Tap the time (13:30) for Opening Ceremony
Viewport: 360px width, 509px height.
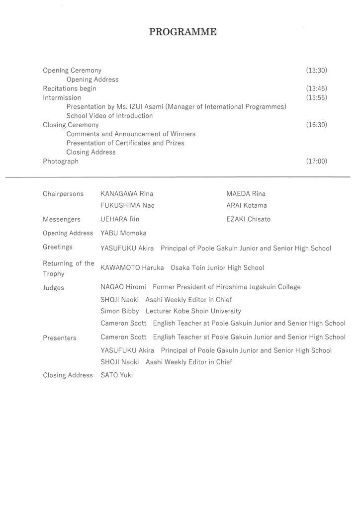(x=316, y=71)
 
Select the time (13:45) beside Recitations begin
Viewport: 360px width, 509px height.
(x=316, y=88)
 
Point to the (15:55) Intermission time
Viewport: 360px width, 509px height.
(x=316, y=97)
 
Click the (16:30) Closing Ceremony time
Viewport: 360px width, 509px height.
(x=316, y=125)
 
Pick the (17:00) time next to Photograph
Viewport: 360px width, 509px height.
(x=316, y=161)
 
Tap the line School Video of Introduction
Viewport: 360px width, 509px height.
(x=109, y=116)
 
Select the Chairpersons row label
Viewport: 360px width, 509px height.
(x=63, y=194)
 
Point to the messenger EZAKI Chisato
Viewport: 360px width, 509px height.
(x=249, y=219)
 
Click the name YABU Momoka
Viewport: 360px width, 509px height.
(x=123, y=233)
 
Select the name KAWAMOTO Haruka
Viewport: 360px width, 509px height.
(x=132, y=267)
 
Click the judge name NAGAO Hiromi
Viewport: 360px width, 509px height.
(x=123, y=287)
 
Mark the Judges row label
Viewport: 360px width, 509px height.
(x=53, y=287)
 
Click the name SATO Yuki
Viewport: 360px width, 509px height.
(x=116, y=375)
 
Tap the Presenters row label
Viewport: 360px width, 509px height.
(x=60, y=338)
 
